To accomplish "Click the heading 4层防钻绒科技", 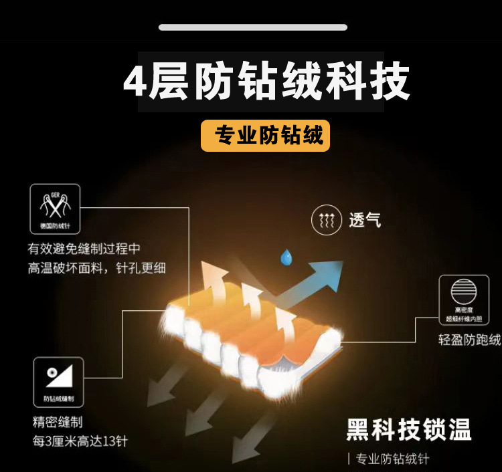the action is pyautogui.click(x=266, y=83).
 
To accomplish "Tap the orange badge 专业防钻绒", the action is pyautogui.click(x=265, y=136).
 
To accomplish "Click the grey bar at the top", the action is pyautogui.click(x=253, y=27).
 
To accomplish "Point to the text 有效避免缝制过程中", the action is pyautogui.click(x=84, y=249).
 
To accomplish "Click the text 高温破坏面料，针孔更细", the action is pyautogui.click(x=96, y=268).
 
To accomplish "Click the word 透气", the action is pyautogui.click(x=365, y=220).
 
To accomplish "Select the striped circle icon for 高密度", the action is pyautogui.click(x=464, y=292).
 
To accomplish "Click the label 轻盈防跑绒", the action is pyautogui.click(x=469, y=340).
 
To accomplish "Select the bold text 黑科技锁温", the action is pyautogui.click(x=408, y=430).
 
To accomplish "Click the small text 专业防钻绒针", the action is pyautogui.click(x=392, y=459).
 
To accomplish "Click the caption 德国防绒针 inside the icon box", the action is pyautogui.click(x=55, y=226).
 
